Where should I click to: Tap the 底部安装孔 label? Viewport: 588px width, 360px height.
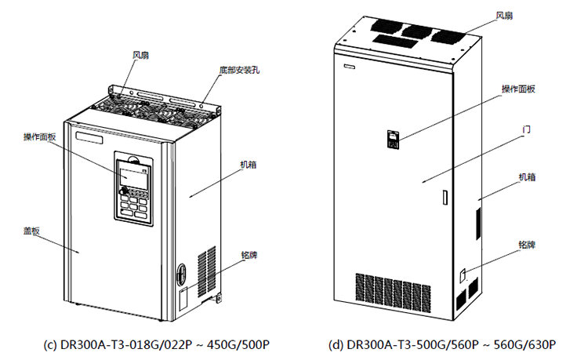click(x=240, y=70)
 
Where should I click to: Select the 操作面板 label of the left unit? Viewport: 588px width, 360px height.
click(x=39, y=136)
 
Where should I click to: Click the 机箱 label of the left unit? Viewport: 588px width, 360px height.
click(x=249, y=165)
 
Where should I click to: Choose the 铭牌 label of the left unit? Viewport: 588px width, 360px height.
click(x=251, y=255)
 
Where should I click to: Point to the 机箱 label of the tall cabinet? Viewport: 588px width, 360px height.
click(x=527, y=177)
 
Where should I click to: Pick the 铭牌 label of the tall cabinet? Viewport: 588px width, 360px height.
click(x=527, y=245)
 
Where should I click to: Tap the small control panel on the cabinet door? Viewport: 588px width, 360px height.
click(x=393, y=140)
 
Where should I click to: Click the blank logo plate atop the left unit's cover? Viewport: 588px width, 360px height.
click(x=91, y=138)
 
